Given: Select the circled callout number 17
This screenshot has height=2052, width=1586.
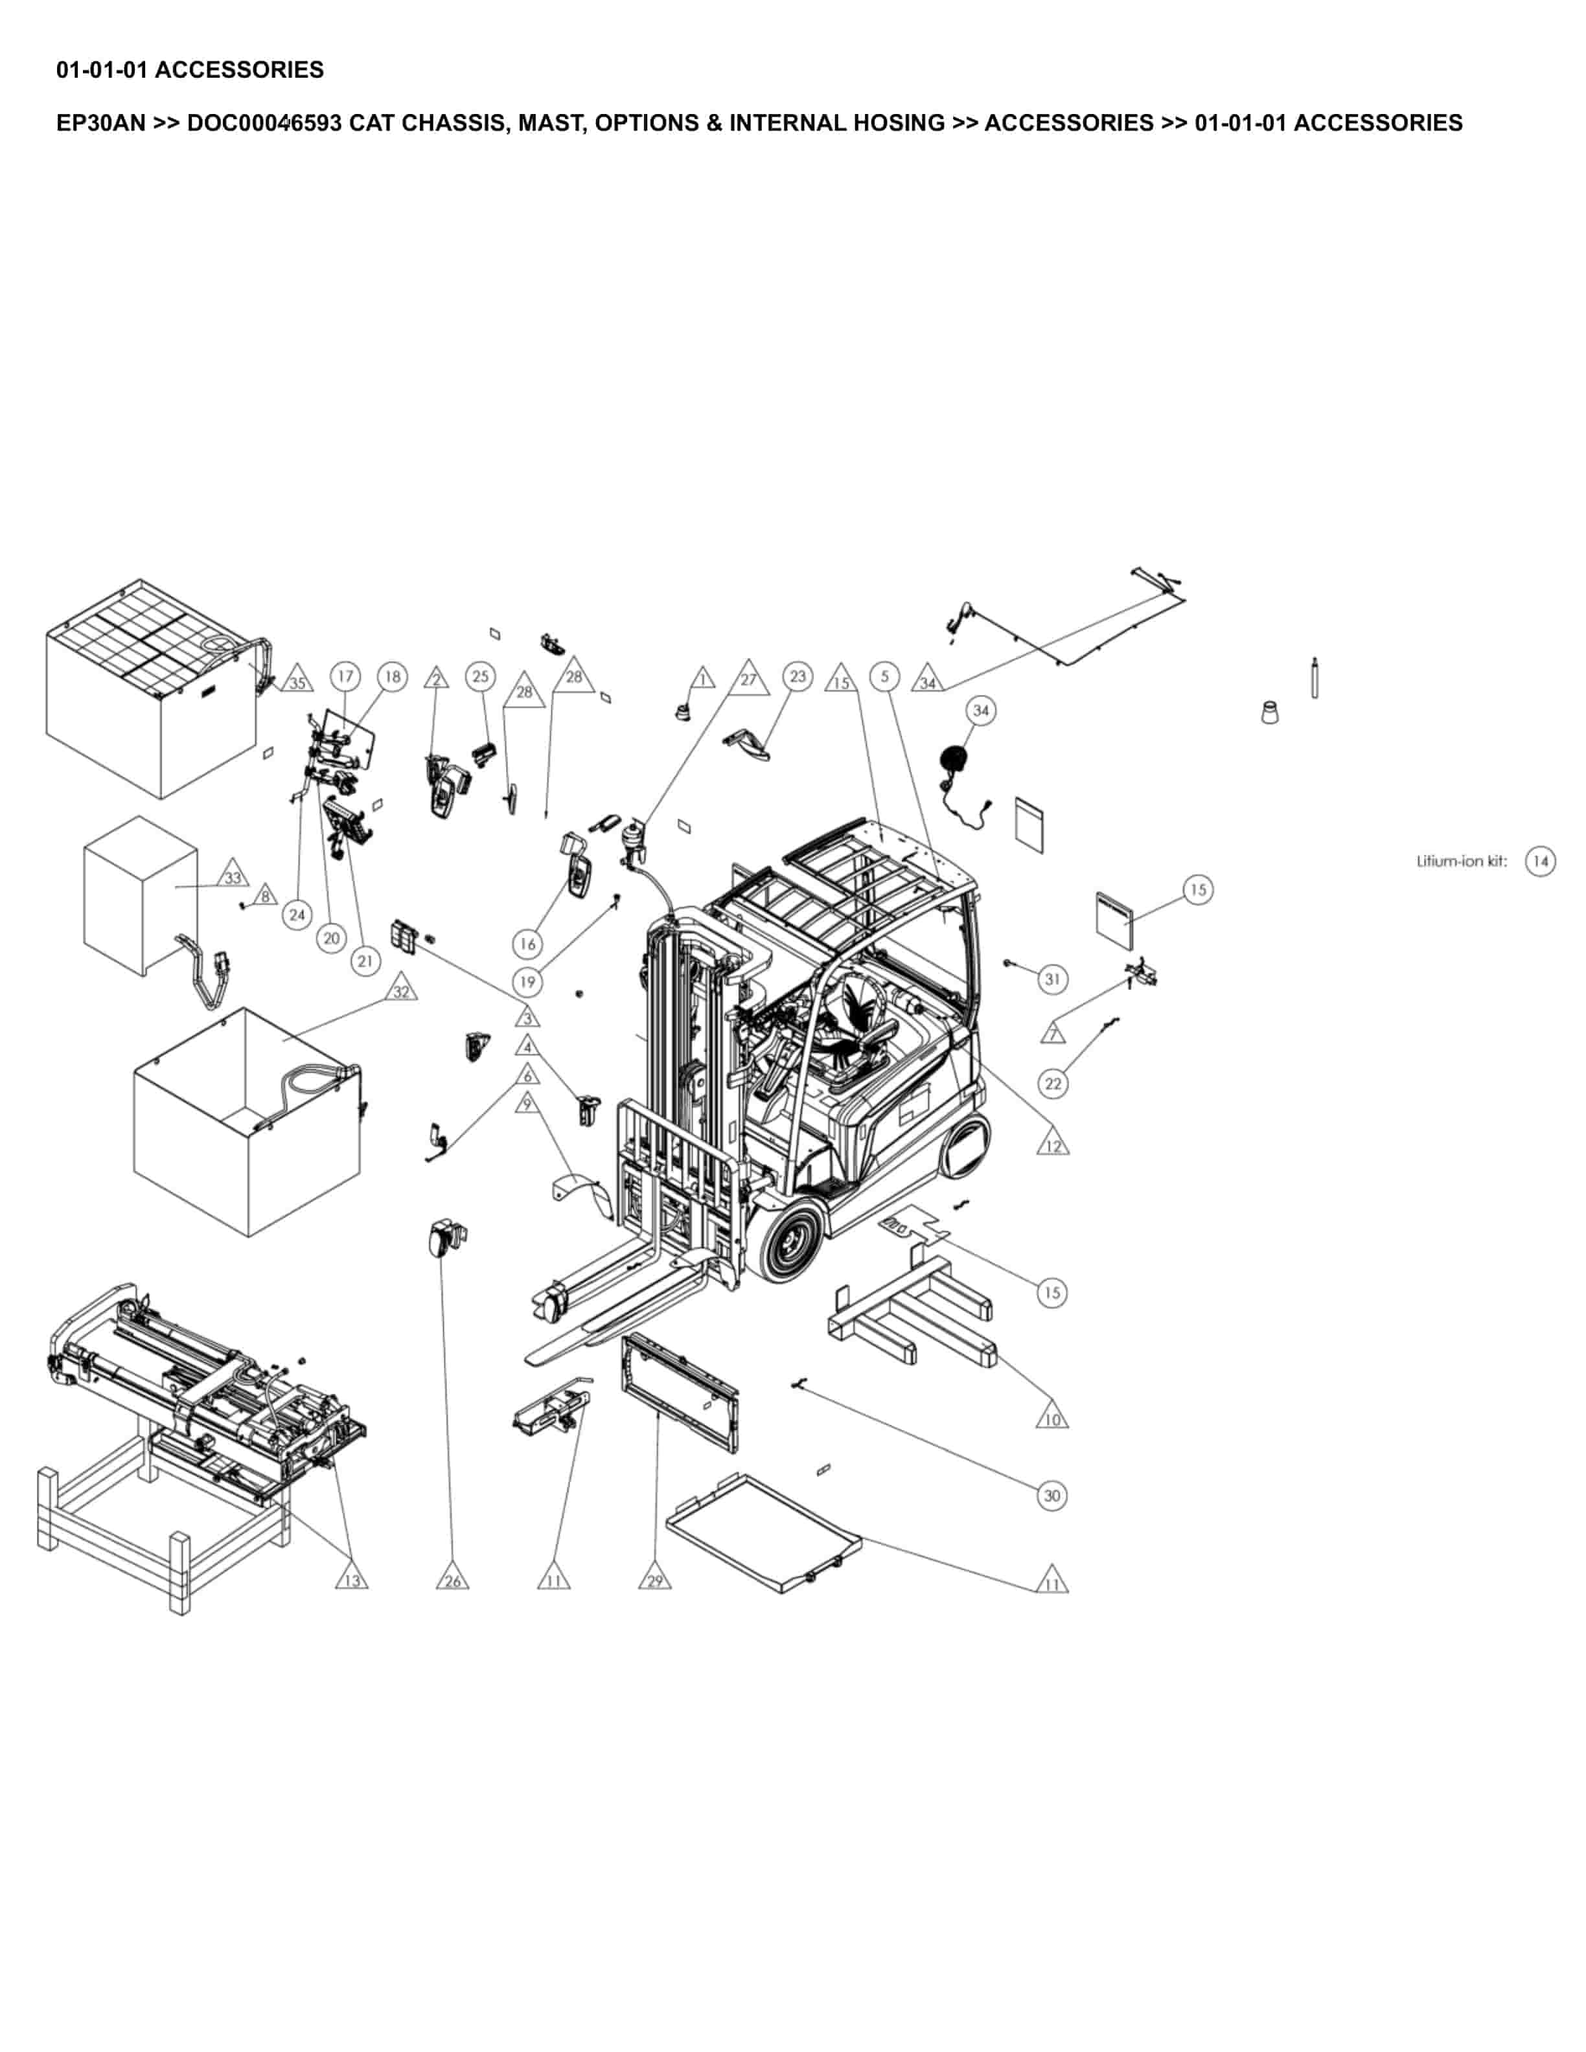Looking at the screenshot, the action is coord(346,676).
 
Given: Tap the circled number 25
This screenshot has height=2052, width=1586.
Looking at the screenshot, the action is coord(480,676).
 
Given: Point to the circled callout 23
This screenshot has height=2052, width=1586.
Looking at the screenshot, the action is coord(798,676).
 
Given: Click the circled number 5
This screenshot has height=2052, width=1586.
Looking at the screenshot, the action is coord(884,676).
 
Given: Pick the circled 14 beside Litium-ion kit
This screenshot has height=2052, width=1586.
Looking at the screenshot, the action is coord(1540,861).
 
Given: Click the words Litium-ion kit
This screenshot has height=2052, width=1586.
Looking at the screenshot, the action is coord(1461,861).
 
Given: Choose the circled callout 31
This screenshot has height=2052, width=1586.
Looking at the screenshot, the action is coord(1052,979).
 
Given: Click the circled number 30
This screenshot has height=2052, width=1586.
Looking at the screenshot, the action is coord(1052,1496).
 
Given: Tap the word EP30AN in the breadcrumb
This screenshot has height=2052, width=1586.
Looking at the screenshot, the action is coord(100,123).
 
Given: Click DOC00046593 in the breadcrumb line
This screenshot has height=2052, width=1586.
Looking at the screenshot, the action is coord(264,123).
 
